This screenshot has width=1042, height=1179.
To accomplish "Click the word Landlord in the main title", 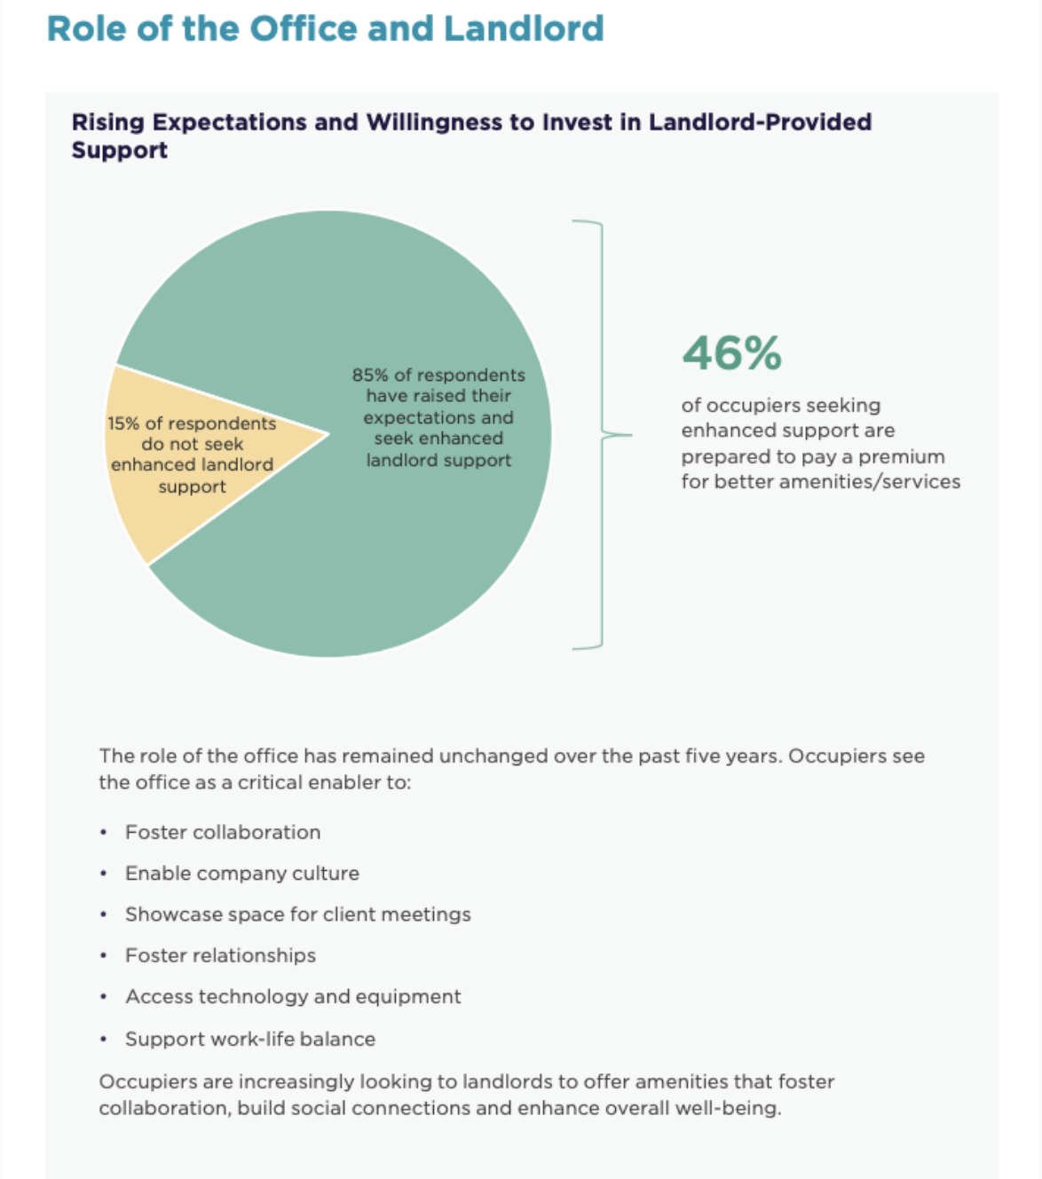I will click(x=524, y=28).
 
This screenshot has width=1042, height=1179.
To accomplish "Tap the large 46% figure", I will click(x=731, y=353).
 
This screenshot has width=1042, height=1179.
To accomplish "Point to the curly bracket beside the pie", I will click(x=602, y=434).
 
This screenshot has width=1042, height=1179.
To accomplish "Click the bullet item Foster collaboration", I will click(x=223, y=833).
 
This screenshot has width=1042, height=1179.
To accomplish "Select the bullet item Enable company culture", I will click(x=242, y=874).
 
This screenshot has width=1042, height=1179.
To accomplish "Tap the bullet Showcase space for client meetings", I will click(x=298, y=914).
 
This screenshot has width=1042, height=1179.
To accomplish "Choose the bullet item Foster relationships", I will click(x=221, y=955).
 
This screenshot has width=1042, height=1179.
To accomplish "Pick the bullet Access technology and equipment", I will click(x=293, y=997).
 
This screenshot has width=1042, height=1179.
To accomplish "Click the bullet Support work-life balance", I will click(x=250, y=1039).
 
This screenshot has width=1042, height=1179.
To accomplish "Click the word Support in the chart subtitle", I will click(x=120, y=150).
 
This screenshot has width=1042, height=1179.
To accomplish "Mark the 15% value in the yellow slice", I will click(x=123, y=423).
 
